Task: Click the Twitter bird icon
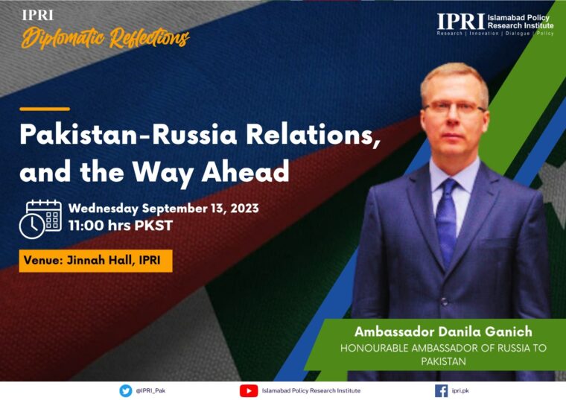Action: [126, 390]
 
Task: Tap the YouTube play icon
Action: [249, 390]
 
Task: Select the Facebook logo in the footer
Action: [441, 390]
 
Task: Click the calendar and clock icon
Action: [40, 219]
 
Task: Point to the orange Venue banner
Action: [95, 261]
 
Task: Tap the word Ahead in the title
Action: [246, 171]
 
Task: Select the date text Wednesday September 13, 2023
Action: [164, 209]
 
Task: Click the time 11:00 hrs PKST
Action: [121, 226]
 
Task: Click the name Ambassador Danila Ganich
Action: [443, 331]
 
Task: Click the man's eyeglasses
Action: [455, 107]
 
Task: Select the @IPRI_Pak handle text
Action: [150, 390]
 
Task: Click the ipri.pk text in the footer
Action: [460, 390]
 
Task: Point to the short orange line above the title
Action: [45, 109]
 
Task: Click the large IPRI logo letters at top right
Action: [460, 22]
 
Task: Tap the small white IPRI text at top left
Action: [37, 15]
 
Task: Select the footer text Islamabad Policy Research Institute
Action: [311, 390]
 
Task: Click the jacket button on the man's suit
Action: [445, 302]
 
